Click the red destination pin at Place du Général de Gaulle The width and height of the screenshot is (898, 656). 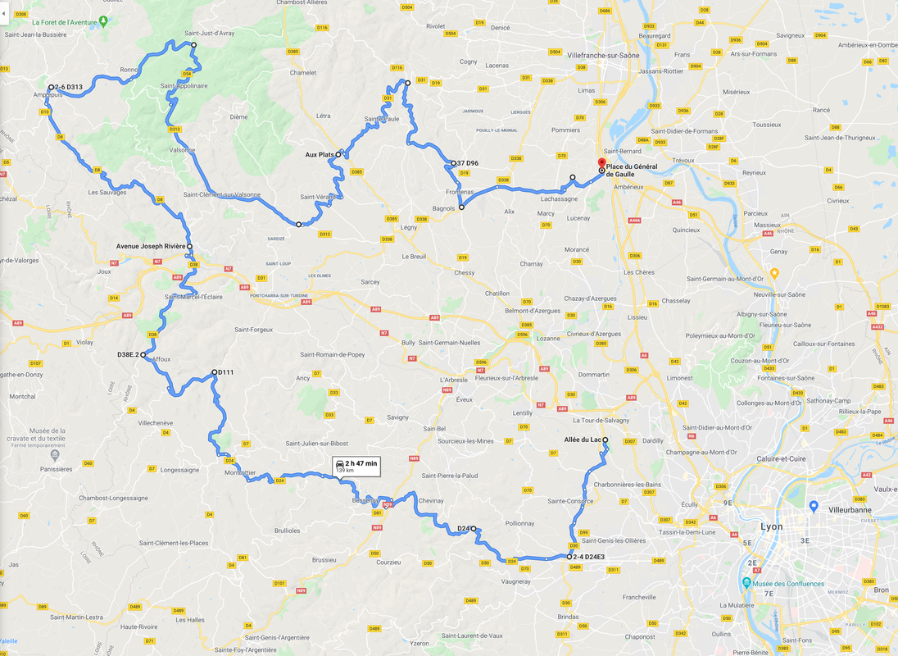coord(601,164)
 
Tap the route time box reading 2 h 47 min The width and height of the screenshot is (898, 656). coord(356,466)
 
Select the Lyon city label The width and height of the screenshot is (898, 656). coord(771,526)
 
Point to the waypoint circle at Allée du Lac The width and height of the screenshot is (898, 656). coord(605,440)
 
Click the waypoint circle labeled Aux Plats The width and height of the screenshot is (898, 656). coord(338,154)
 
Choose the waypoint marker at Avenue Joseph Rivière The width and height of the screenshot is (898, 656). coord(189,246)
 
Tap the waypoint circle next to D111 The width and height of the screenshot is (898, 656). coord(213,372)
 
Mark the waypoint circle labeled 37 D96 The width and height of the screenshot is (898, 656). coord(453,163)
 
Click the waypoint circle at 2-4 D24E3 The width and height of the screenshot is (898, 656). coord(569,557)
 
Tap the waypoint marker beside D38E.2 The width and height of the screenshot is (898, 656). coord(143,355)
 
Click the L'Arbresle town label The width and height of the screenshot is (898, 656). coord(453,380)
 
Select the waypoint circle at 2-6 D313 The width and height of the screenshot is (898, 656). coord(51,87)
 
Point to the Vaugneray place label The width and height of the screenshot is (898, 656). coord(515,581)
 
